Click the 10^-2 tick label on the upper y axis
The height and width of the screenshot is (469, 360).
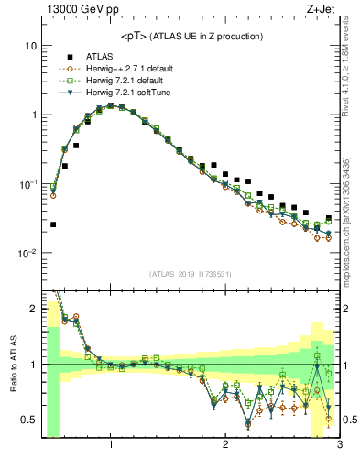point(27,253)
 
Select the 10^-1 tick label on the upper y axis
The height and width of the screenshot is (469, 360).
point(27,183)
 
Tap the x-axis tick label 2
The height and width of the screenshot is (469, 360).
point(224,446)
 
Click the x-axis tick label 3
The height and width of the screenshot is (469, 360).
point(338,446)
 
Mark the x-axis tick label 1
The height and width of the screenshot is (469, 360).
point(111,446)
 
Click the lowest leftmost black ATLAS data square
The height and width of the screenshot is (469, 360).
point(53,224)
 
